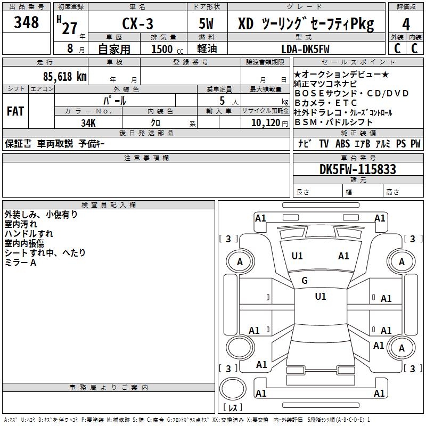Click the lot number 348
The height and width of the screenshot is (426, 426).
pyautogui.click(x=27, y=23)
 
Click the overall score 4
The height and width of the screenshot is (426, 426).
pyautogui.click(x=406, y=24)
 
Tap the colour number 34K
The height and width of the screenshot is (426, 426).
pyautogui.click(x=88, y=122)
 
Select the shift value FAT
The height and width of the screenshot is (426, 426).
pyautogui.click(x=15, y=111)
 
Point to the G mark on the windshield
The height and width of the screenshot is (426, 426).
pyautogui.click(x=305, y=281)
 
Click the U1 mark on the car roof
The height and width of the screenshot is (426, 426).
pyautogui.click(x=320, y=297)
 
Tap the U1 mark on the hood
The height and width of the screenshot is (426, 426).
pyautogui.click(x=297, y=256)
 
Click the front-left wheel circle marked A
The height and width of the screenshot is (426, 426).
pyautogui.click(x=240, y=261)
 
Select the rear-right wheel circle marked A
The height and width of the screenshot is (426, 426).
pyautogui.click(x=402, y=348)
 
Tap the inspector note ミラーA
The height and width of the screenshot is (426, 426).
pyautogui.click(x=20, y=263)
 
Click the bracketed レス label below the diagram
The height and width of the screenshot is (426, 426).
pyautogui.click(x=233, y=408)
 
